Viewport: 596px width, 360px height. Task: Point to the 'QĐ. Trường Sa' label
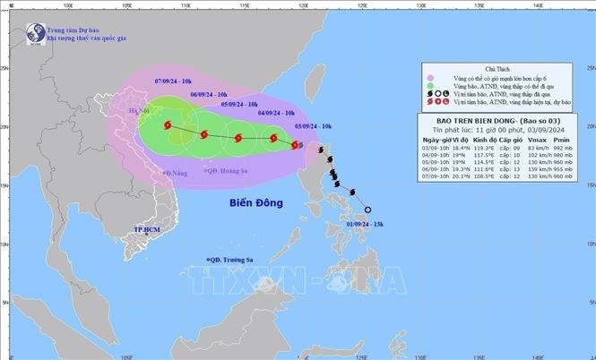[231, 259]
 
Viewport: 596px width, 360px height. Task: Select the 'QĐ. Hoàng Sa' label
[225, 170]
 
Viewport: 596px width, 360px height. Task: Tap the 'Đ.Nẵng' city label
[179, 170]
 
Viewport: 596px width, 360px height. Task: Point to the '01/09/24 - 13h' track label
[367, 224]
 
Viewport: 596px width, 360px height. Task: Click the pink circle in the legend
[432, 77]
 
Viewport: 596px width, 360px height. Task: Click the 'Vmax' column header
[543, 140]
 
